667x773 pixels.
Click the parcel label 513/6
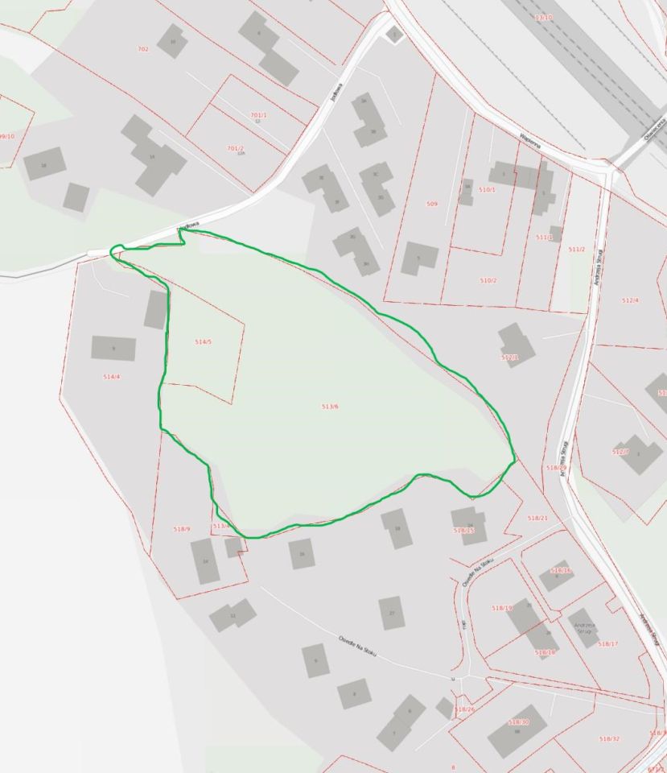(330, 407)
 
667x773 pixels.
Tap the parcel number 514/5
(204, 342)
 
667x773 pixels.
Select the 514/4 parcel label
(112, 377)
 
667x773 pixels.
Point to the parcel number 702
(143, 49)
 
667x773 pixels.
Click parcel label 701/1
(258, 115)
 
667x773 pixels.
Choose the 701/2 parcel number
(235, 148)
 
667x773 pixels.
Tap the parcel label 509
(432, 205)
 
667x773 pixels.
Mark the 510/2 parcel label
(488, 280)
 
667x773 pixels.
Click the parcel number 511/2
(577, 250)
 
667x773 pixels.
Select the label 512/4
(631, 300)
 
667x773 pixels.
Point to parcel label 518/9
(182, 529)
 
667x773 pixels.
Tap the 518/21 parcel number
(537, 518)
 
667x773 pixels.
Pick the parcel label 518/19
(501, 607)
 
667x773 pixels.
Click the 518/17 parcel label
(608, 643)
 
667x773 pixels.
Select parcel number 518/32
(610, 738)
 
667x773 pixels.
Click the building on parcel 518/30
(517, 731)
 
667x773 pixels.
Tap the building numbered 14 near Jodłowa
(153, 159)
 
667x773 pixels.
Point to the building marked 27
(391, 613)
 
